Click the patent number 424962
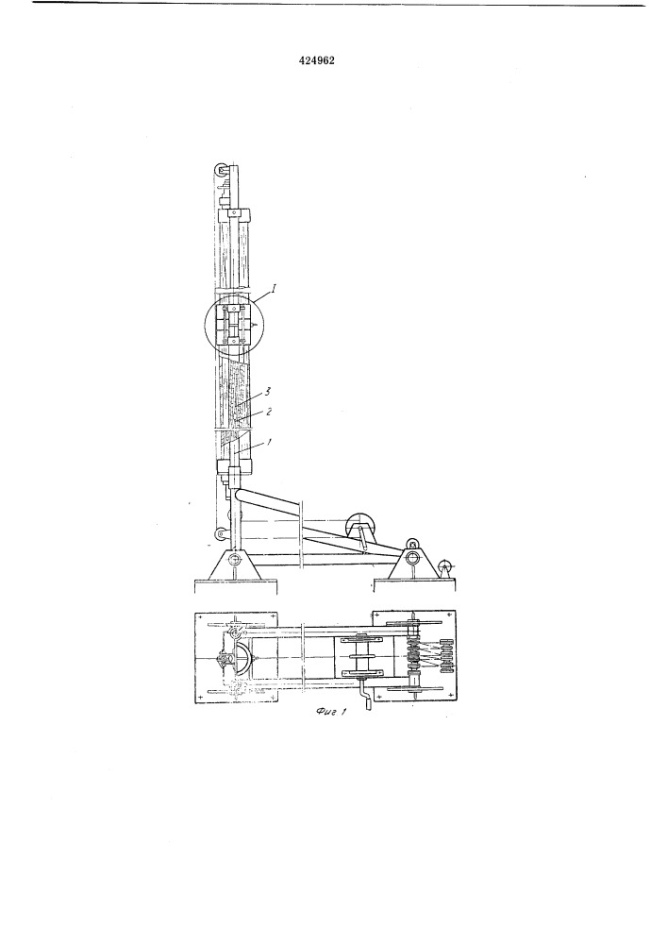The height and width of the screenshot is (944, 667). [316, 60]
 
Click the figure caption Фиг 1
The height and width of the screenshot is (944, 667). [332, 712]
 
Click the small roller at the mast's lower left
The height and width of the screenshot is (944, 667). [221, 533]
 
